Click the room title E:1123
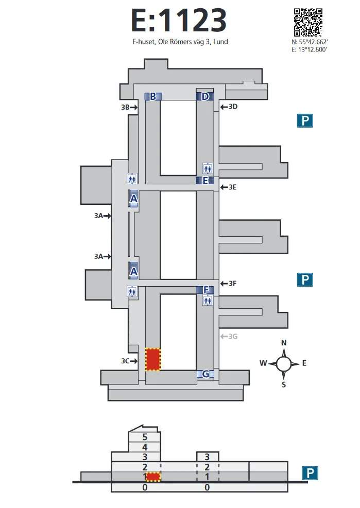click(179, 21)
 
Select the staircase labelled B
click(153, 96)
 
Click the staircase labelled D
click(205, 96)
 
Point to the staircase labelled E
click(205, 180)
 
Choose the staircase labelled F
click(205, 290)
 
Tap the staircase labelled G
click(205, 374)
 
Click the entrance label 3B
click(125, 108)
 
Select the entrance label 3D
click(233, 107)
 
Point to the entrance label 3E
click(232, 187)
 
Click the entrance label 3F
click(232, 283)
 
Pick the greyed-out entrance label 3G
click(233, 337)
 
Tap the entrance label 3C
click(125, 361)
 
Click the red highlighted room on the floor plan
click(153, 359)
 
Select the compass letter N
click(284, 343)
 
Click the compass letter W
click(263, 363)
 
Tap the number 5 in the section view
click(145, 437)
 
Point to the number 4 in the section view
click(145, 447)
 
